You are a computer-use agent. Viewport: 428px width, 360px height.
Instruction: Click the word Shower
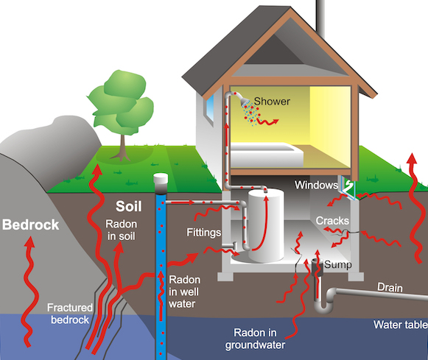click(272, 101)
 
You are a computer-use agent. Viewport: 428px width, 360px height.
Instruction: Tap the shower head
click(245, 101)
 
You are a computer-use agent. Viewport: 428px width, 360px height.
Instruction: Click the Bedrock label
click(31, 225)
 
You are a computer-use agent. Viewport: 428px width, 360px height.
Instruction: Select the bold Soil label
click(129, 206)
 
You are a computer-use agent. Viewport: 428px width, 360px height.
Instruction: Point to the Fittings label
click(203, 233)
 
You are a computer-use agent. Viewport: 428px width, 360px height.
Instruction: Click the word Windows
click(316, 185)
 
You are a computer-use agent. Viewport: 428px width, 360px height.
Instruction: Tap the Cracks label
click(332, 221)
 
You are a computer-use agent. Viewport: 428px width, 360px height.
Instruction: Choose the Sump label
click(338, 264)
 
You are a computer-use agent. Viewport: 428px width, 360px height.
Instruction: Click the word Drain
click(390, 287)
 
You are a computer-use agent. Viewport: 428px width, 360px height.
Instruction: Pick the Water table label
click(401, 325)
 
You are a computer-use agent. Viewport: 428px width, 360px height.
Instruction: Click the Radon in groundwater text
click(255, 339)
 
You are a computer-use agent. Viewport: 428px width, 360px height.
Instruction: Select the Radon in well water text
click(184, 292)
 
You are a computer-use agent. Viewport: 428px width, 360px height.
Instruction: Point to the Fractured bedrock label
click(70, 314)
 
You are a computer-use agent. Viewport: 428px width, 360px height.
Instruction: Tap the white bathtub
click(266, 155)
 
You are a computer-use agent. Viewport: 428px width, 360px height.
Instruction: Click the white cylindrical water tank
click(266, 226)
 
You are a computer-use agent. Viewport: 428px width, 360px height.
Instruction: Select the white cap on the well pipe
click(161, 179)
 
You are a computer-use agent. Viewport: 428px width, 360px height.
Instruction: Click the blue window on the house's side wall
click(210, 108)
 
